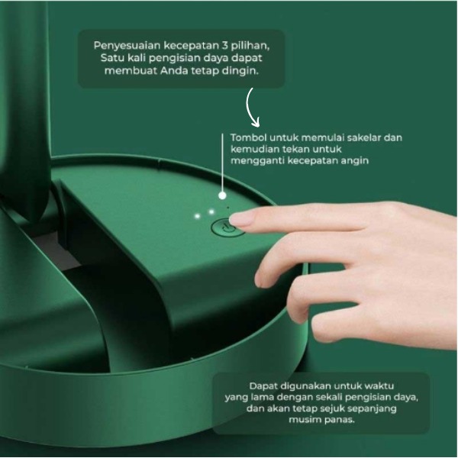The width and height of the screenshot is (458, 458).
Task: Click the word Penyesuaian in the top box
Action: click(127, 46)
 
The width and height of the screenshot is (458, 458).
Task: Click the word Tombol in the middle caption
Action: click(249, 137)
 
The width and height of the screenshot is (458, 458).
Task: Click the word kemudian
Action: click(255, 150)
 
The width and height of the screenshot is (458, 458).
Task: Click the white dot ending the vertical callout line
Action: click(222, 195)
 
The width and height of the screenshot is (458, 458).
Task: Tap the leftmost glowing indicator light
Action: click(198, 216)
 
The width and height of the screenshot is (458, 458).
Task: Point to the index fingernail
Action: click(241, 220)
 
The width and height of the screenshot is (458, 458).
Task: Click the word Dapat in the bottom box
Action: click(263, 386)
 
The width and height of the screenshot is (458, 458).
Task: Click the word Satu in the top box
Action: click(111, 58)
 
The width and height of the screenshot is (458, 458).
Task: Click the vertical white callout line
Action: click(222, 163)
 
